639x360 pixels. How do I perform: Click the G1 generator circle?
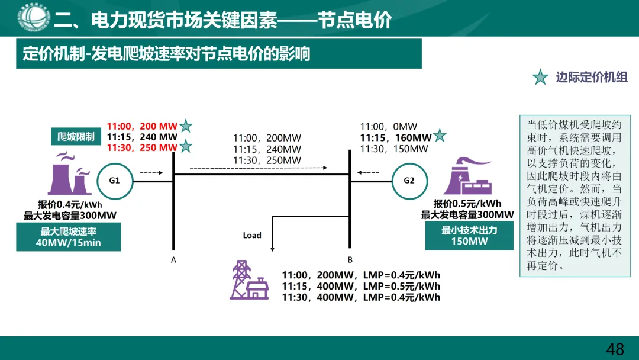click(x=114, y=180)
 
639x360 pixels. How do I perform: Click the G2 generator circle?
click(x=409, y=180)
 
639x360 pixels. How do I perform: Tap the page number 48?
click(x=615, y=349)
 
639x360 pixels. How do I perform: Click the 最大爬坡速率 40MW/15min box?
click(x=69, y=237)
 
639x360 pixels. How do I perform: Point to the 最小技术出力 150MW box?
click(x=469, y=236)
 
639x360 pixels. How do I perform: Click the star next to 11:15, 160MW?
click(x=440, y=136)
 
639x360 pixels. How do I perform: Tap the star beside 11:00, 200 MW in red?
click(x=186, y=126)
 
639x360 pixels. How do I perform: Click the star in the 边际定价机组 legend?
click(x=540, y=78)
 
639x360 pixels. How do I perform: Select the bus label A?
click(x=173, y=259)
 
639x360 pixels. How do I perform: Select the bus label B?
click(x=350, y=259)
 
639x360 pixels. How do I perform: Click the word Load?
click(x=252, y=235)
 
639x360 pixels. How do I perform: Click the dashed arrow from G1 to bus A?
click(x=151, y=173)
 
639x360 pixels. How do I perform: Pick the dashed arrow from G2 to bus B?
click(x=368, y=173)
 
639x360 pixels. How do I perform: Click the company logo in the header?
click(x=33, y=18)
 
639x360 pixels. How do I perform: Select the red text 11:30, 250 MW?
click(x=142, y=147)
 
